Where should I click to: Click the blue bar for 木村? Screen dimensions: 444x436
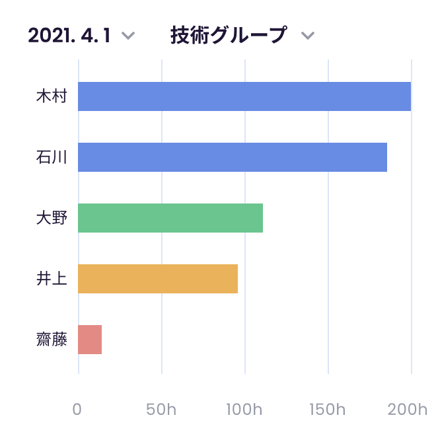pyautogui.click(x=244, y=96)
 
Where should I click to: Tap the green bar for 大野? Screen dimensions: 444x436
pyautogui.click(x=170, y=218)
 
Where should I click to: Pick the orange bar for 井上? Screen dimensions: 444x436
pyautogui.click(x=158, y=279)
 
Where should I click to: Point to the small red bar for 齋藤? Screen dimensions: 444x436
pyautogui.click(x=90, y=340)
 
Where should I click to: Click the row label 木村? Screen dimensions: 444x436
pyautogui.click(x=52, y=96)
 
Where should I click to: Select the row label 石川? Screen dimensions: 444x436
pyautogui.click(x=52, y=157)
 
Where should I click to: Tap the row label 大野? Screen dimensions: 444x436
pyautogui.click(x=52, y=218)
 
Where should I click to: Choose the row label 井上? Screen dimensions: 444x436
pyautogui.click(x=52, y=279)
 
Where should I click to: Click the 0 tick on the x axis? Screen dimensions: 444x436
pyautogui.click(x=77, y=409)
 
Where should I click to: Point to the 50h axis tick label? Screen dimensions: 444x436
pyautogui.click(x=161, y=409)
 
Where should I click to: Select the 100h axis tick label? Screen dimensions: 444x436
pyautogui.click(x=244, y=409)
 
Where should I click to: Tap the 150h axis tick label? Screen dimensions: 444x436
pyautogui.click(x=328, y=409)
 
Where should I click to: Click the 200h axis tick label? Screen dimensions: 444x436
pyautogui.click(x=409, y=409)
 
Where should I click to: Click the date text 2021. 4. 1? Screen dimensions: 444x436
pyautogui.click(x=69, y=35)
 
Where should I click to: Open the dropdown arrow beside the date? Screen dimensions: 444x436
pyautogui.click(x=129, y=36)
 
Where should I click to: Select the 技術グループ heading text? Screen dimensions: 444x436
pyautogui.click(x=229, y=35)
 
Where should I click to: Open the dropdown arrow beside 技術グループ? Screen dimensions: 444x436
pyautogui.click(x=307, y=36)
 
